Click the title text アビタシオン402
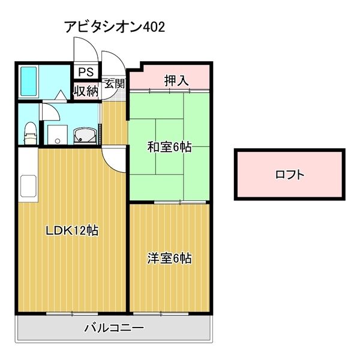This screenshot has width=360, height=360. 115,27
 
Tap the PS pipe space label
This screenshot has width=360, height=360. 86,72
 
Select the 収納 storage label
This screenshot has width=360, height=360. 86,91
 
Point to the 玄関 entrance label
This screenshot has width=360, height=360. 115,83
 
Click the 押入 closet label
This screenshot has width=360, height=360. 176,80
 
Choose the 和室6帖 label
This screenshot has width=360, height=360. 169,147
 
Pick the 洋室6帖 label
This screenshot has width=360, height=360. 169,259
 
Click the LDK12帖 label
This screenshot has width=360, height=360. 72,230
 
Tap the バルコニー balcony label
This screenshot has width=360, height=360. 114,328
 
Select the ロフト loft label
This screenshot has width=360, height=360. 290,175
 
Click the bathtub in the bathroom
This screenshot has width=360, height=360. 29,81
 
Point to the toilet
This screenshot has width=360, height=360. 31,133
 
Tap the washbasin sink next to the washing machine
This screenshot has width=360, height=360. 85,136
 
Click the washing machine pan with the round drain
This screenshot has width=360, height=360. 58,135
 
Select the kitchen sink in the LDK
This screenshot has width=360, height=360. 28,186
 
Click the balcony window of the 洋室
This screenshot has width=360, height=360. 161,313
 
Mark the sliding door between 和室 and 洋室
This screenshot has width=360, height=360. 180,202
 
